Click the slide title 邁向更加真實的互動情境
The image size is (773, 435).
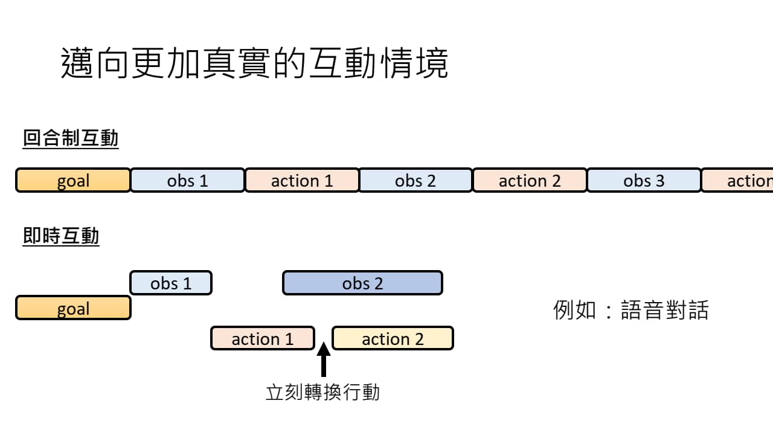[254, 63]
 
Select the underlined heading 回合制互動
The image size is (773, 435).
[71, 138]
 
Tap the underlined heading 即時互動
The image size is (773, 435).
[61, 236]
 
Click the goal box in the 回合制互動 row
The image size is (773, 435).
[73, 181]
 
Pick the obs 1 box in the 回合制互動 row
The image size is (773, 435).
[187, 181]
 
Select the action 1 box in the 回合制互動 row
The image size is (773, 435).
[302, 181]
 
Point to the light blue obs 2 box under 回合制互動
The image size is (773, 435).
[415, 181]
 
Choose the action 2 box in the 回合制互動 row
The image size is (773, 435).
[530, 181]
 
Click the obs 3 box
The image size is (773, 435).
[644, 181]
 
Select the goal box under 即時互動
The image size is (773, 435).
[73, 308]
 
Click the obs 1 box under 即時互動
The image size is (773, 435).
[171, 283]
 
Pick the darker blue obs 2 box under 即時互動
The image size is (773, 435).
[362, 283]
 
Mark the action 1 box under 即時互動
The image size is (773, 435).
[263, 338]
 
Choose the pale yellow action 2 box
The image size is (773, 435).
[393, 338]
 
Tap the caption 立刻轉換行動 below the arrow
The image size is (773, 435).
[322, 392]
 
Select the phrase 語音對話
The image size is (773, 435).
[664, 310]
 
